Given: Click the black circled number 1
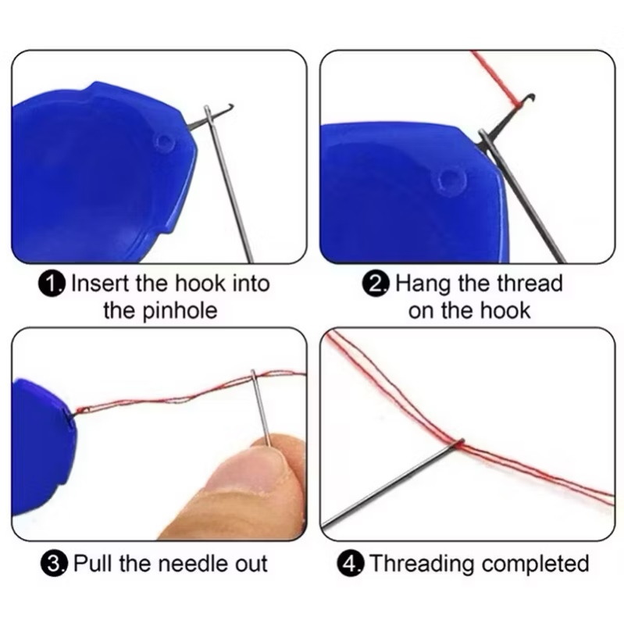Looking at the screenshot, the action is pyautogui.click(x=52, y=284).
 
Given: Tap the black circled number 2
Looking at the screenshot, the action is pyautogui.click(x=375, y=284).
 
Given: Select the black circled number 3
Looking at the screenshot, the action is pyautogui.click(x=54, y=564).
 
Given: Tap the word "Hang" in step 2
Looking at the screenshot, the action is pyautogui.click(x=423, y=284).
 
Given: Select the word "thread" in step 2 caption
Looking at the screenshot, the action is pyautogui.click(x=530, y=283).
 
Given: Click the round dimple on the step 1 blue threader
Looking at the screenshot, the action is pyautogui.click(x=164, y=141).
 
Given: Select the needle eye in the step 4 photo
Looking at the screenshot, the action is pyautogui.click(x=460, y=443).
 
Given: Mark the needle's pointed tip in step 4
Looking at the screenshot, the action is pyautogui.click(x=323, y=526).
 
